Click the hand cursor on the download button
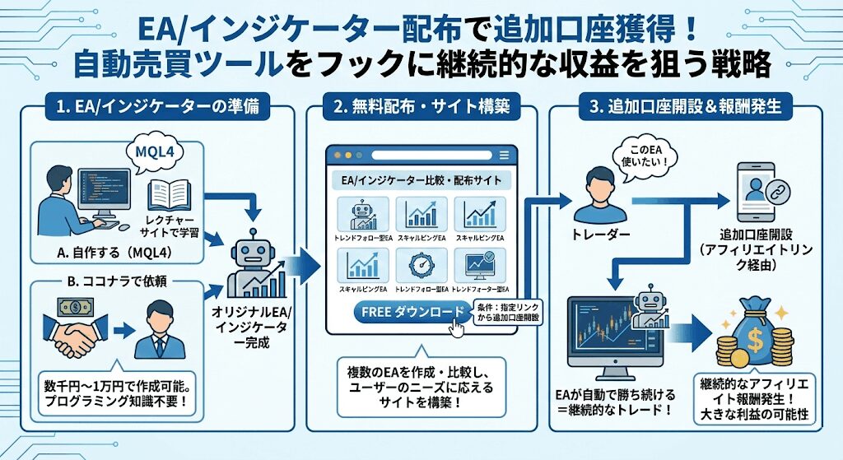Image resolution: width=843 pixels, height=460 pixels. [458, 326]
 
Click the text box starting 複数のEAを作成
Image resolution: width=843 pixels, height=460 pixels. [422, 383]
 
